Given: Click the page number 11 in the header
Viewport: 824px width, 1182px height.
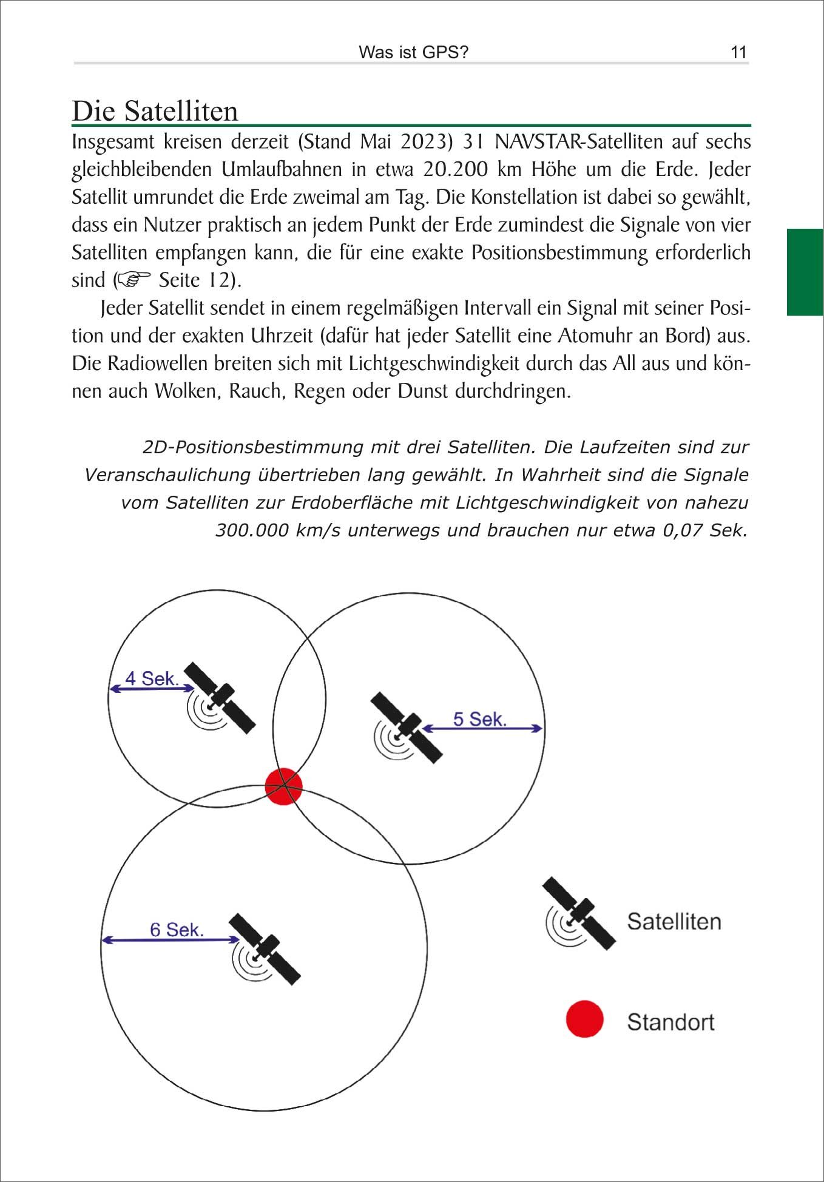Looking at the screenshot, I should (738, 52).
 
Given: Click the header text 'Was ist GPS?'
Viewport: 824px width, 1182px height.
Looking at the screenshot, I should (413, 52).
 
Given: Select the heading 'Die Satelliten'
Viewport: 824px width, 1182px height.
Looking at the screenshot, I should (155, 111).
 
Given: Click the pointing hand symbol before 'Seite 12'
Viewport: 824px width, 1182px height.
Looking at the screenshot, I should (133, 280).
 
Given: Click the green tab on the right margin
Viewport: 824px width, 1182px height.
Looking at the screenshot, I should (805, 272).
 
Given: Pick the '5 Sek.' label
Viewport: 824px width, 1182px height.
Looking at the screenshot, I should (479, 719).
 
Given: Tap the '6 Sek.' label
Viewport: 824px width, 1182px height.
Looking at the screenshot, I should (177, 930).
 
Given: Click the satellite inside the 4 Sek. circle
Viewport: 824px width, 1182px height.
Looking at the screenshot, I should (218, 698).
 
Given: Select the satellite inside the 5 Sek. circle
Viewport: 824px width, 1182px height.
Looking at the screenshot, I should (405, 728).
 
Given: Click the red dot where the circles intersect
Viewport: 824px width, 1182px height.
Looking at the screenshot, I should (283, 786).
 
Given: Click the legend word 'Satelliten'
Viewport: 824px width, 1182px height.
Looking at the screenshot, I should (674, 921).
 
